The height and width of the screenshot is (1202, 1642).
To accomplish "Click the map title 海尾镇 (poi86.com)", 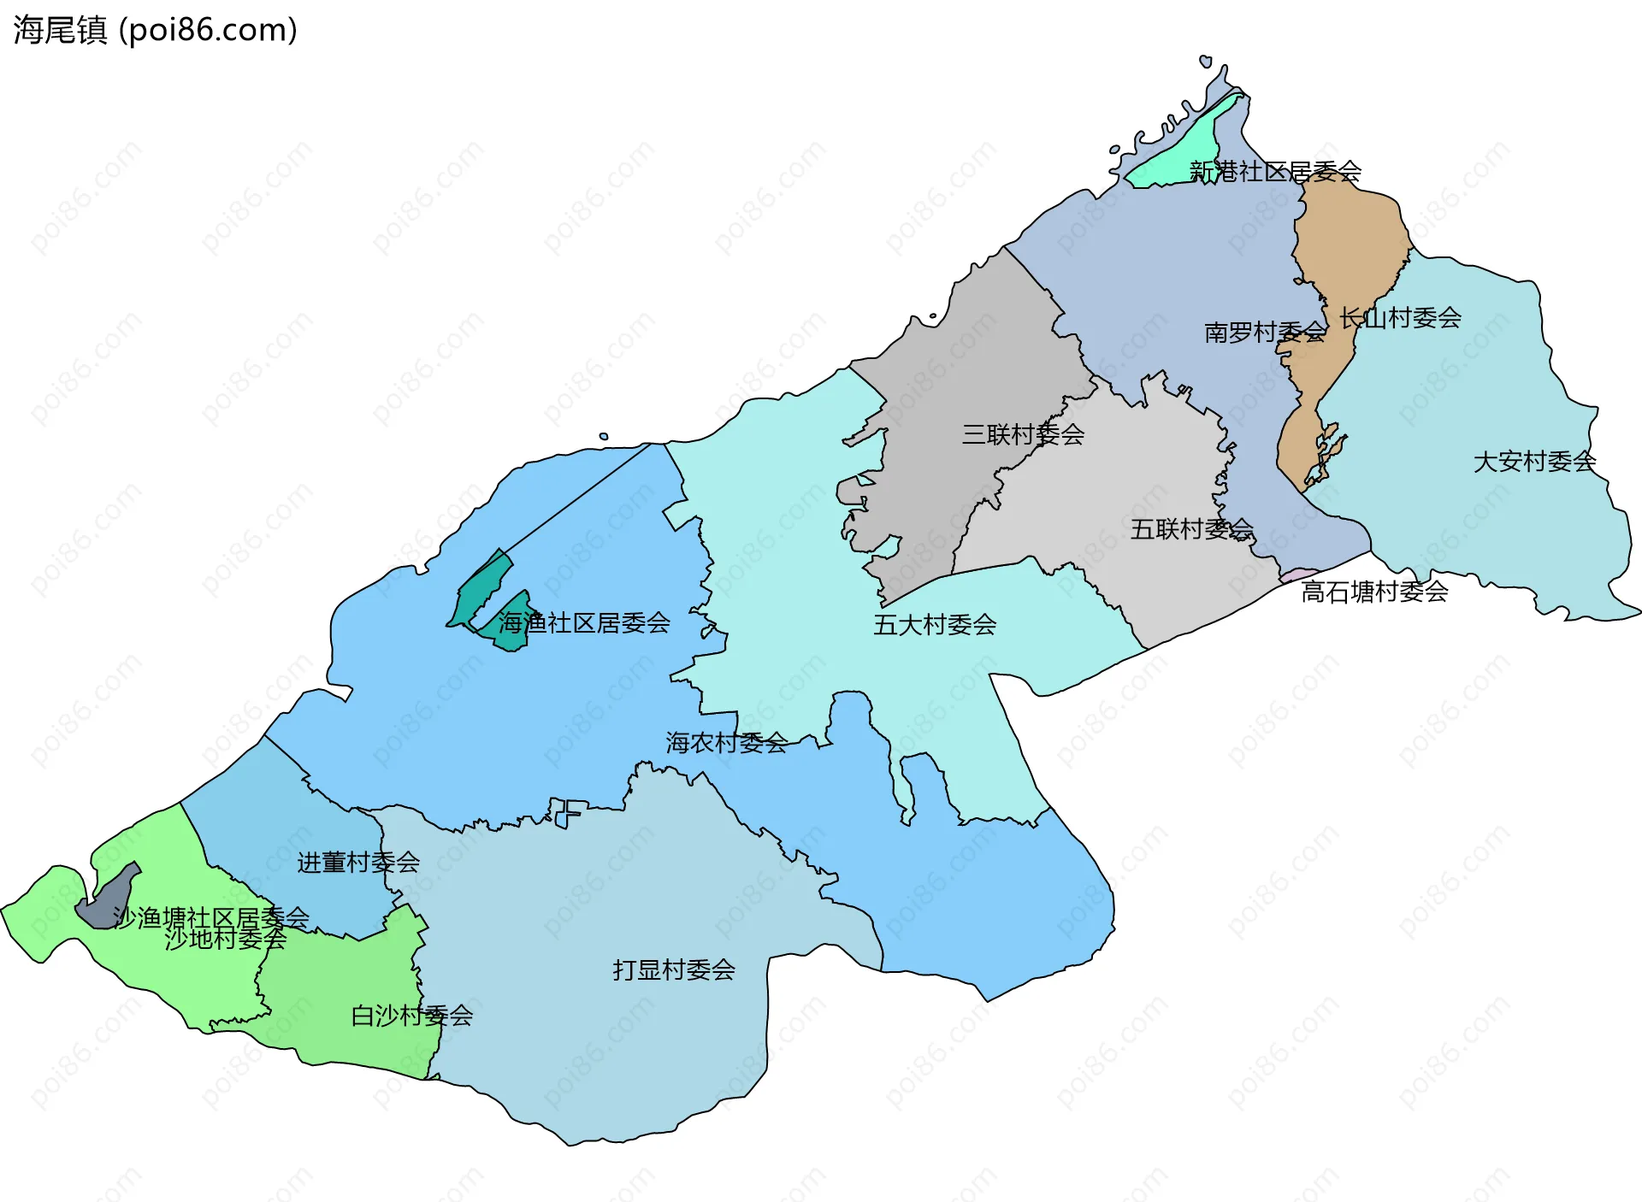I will click(155, 30).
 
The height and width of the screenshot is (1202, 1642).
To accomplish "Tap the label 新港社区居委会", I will click(1275, 172).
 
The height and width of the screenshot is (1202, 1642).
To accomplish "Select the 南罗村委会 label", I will click(1265, 332).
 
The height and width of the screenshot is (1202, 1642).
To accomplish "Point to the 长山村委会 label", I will click(1400, 318).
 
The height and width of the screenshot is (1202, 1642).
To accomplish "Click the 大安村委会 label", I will click(1534, 462).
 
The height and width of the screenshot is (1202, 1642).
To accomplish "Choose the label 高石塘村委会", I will click(1374, 592).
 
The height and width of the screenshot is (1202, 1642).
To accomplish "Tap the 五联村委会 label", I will click(1191, 529).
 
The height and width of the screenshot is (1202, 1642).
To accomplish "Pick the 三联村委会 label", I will click(1023, 434).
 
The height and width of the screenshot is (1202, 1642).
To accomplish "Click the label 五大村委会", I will click(935, 625).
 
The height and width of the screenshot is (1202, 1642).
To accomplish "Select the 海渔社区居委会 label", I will click(584, 623).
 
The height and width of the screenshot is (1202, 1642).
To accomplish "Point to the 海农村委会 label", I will click(727, 743).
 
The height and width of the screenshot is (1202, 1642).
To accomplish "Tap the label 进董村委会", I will click(358, 863).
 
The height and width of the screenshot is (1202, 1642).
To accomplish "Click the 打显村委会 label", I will click(674, 969).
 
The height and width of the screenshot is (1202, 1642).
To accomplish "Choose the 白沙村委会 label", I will click(411, 1016).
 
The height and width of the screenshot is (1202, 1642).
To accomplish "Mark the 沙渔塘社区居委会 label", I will click(211, 917).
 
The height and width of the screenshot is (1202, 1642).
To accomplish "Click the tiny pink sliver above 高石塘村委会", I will click(1298, 574).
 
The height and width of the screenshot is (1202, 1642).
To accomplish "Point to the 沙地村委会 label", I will click(226, 940).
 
